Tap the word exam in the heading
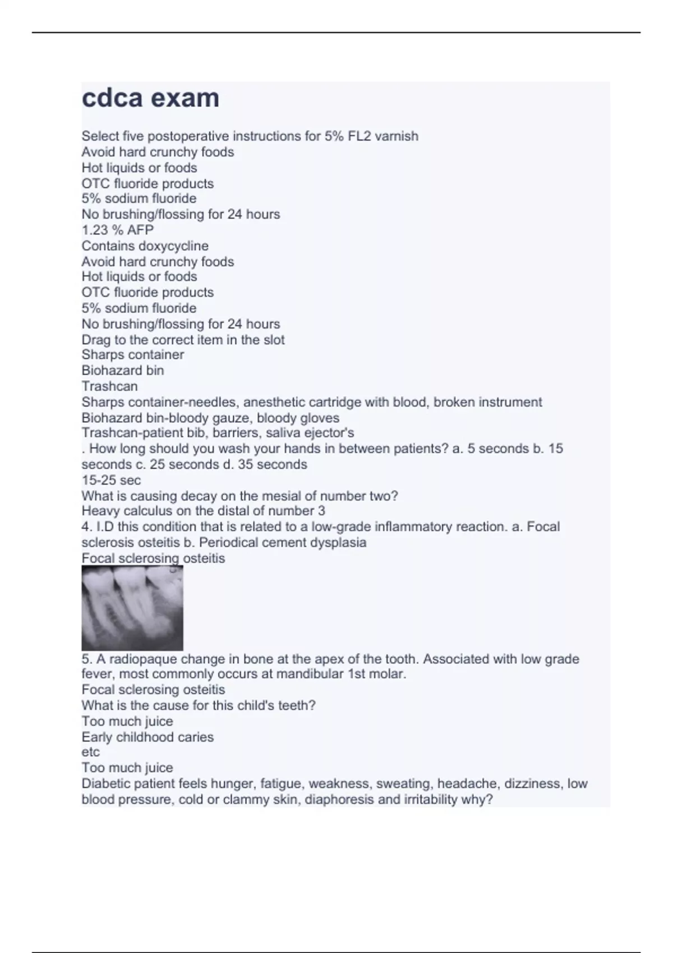(x=185, y=98)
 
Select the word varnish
(x=397, y=136)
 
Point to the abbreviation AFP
(x=140, y=230)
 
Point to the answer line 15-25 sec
(x=111, y=480)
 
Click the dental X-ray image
(x=132, y=608)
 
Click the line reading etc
(x=90, y=752)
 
